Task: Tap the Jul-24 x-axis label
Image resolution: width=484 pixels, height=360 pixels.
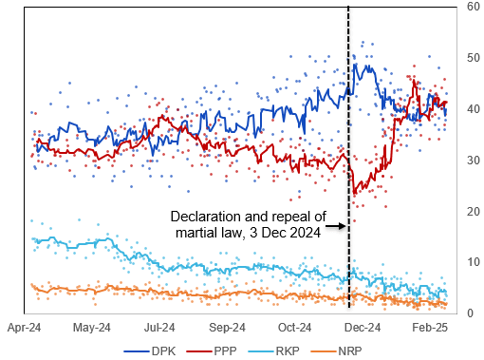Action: (x=159, y=328)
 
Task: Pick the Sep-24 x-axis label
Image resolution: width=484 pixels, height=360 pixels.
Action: (x=227, y=328)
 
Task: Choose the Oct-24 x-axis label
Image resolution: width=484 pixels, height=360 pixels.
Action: (x=294, y=328)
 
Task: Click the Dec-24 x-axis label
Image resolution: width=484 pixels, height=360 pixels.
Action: (x=362, y=328)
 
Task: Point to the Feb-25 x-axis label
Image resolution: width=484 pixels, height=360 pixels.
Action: (x=429, y=328)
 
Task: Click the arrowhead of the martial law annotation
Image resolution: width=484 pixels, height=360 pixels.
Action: (x=343, y=226)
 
